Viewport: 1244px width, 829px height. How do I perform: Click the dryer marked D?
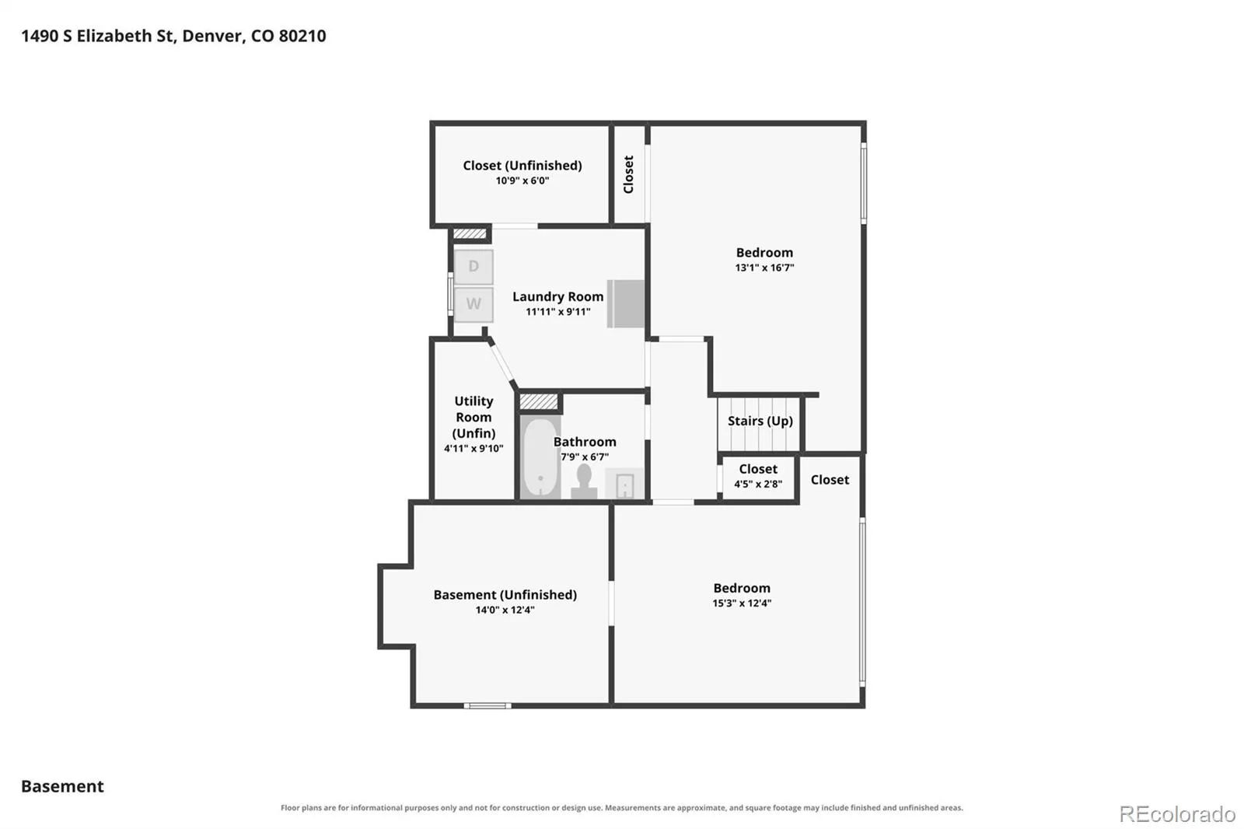pyautogui.click(x=473, y=267)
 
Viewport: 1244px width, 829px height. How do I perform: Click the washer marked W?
pyautogui.click(x=473, y=304)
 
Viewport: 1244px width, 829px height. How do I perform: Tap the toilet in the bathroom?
pyautogui.click(x=584, y=481)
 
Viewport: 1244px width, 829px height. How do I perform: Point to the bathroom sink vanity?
pyautogui.click(x=624, y=484)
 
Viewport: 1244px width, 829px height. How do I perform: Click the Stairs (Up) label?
pyautogui.click(x=760, y=421)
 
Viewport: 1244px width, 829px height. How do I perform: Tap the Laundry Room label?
pyautogui.click(x=557, y=296)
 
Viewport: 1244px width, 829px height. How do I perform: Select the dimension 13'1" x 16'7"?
pyautogui.click(x=764, y=268)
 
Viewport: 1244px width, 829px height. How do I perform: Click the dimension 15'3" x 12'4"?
pyautogui.click(x=742, y=603)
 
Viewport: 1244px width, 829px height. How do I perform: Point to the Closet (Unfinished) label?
pyautogui.click(x=522, y=165)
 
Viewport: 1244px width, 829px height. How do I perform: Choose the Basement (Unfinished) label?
pyautogui.click(x=505, y=594)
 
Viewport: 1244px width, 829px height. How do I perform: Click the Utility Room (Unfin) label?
pyautogui.click(x=473, y=417)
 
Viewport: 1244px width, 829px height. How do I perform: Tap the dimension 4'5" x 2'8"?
pyautogui.click(x=758, y=484)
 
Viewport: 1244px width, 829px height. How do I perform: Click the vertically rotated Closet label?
pyautogui.click(x=628, y=174)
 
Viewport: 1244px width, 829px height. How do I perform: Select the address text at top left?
pyautogui.click(x=173, y=36)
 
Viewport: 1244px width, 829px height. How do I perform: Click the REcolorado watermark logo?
pyautogui.click(x=1177, y=814)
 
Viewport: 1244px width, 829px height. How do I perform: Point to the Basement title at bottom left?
pyautogui.click(x=62, y=786)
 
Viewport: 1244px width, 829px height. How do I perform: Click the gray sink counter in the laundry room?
pyautogui.click(x=626, y=303)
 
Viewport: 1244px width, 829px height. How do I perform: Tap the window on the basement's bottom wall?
pyautogui.click(x=487, y=705)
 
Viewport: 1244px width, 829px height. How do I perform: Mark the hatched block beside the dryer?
pyautogui.click(x=470, y=233)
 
